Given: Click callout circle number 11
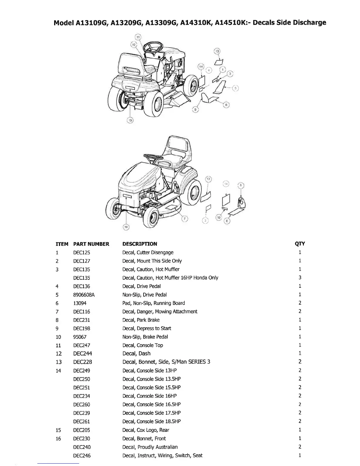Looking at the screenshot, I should (x=138, y=37).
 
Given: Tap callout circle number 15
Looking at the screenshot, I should (x=130, y=120).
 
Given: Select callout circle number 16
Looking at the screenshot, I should (x=126, y=227).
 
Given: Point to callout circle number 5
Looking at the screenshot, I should (x=235, y=88).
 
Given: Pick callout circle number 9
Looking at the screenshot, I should (x=195, y=110).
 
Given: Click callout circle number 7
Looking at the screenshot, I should (x=184, y=219).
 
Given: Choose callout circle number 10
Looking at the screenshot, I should (x=219, y=217).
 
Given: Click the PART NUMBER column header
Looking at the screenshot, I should (x=91, y=244).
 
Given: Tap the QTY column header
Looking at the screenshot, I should (x=300, y=244).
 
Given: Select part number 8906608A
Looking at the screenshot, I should (x=84, y=295).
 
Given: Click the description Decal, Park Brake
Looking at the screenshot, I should (x=141, y=320).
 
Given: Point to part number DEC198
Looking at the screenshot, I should (x=81, y=329).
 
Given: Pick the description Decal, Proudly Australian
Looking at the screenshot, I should (x=150, y=447).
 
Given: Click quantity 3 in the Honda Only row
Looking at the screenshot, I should (x=300, y=277).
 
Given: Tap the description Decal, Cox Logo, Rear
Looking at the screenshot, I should (x=146, y=430).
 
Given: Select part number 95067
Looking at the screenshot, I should (x=80, y=337).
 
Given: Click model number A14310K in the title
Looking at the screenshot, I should (x=196, y=23).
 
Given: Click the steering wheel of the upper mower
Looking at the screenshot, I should (x=153, y=46).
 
